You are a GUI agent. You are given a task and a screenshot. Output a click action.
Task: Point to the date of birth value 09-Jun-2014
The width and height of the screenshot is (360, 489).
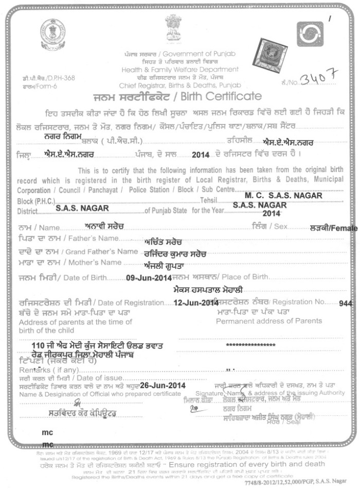(149, 277)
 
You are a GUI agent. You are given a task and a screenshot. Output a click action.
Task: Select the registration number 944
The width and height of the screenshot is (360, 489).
(346, 304)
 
